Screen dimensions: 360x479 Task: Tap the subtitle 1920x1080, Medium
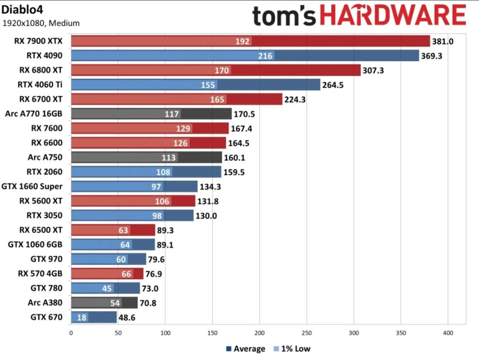[x=41, y=23]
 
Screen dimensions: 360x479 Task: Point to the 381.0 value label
[x=443, y=41]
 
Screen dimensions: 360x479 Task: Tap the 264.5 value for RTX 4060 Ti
[x=333, y=85]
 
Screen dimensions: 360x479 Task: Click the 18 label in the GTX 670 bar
[x=81, y=317]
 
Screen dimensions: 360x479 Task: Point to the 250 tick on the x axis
[x=307, y=333]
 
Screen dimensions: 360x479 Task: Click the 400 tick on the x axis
[x=448, y=333]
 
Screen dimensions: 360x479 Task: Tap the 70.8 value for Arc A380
[x=150, y=303]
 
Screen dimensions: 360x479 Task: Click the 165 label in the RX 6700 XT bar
[x=217, y=99]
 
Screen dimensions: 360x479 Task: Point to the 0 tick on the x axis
[x=71, y=333]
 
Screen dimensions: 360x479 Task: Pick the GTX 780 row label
[x=46, y=288]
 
